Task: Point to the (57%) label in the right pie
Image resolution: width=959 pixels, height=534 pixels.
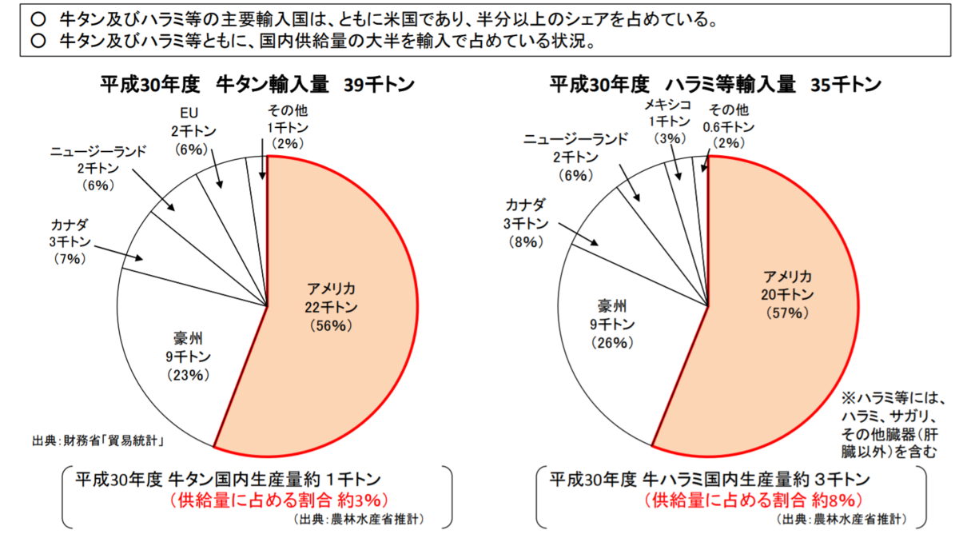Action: coord(787,313)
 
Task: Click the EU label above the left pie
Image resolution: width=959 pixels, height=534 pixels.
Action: coord(189,113)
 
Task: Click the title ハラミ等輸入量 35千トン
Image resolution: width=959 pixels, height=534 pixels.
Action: coord(714,84)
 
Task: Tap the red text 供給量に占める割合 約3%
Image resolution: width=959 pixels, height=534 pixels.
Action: coord(278,500)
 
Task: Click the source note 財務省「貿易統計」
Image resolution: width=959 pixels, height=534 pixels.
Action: coord(99,439)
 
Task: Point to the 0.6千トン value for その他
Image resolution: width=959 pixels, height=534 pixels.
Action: coord(728,126)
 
